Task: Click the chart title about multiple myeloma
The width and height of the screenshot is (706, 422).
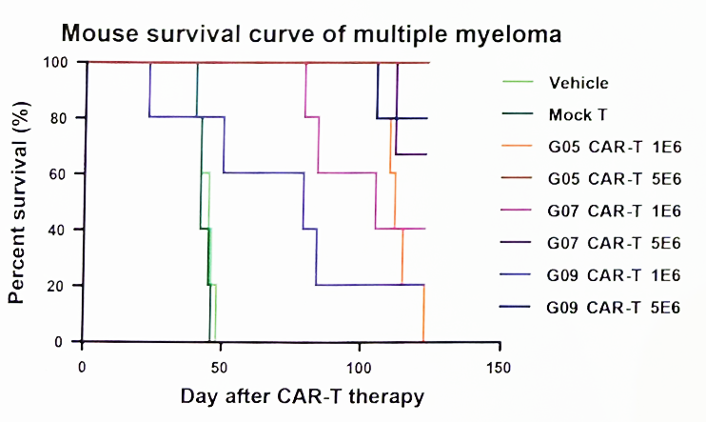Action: coord(311,33)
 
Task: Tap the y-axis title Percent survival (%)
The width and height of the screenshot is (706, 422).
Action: coord(18,203)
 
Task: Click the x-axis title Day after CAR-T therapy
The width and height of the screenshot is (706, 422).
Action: coord(303,396)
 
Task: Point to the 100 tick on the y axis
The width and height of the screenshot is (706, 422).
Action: coord(55,62)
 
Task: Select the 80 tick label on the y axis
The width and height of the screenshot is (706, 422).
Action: coord(59,118)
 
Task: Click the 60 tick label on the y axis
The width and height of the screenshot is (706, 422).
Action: coord(59,174)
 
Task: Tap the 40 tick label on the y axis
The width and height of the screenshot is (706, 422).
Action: coord(59,230)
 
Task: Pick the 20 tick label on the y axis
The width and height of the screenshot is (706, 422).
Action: coord(59,286)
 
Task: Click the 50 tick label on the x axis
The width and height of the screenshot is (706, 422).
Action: coord(219,368)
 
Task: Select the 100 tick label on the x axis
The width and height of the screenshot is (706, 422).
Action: coord(359,368)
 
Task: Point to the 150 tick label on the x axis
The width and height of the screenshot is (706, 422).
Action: coord(499,368)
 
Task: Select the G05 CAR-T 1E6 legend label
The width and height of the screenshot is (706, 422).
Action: coord(615,147)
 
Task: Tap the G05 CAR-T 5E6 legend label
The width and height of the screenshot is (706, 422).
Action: coord(615,179)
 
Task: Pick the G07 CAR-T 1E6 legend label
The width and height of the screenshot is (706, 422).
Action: coord(614,211)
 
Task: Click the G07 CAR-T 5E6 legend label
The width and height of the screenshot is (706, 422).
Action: coord(614,244)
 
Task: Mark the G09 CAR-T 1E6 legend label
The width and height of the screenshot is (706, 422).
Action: coord(614,275)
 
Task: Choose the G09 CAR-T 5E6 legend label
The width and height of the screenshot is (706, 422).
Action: coord(613,308)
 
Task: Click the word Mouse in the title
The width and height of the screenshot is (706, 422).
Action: coord(100,33)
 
